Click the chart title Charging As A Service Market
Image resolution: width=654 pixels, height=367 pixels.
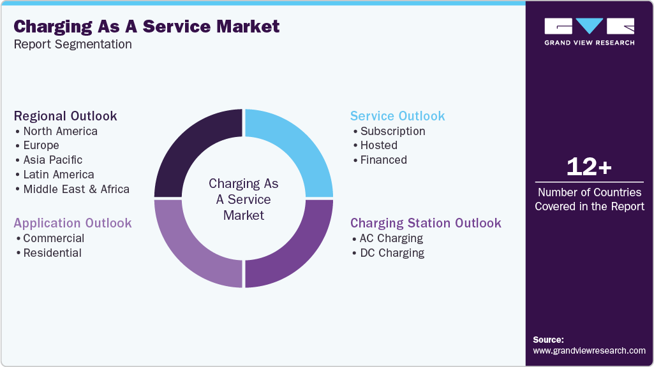tap(146, 27)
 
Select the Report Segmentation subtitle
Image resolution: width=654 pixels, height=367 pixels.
tap(73, 45)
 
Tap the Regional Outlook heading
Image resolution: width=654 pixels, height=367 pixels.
tap(65, 116)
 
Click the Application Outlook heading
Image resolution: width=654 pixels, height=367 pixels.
tap(73, 223)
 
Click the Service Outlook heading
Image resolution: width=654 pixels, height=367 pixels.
tap(398, 116)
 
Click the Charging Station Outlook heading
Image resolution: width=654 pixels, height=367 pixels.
tap(426, 223)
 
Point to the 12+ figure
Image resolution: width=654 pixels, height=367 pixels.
tap(589, 168)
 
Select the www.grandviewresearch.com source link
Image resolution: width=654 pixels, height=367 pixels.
tap(589, 350)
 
